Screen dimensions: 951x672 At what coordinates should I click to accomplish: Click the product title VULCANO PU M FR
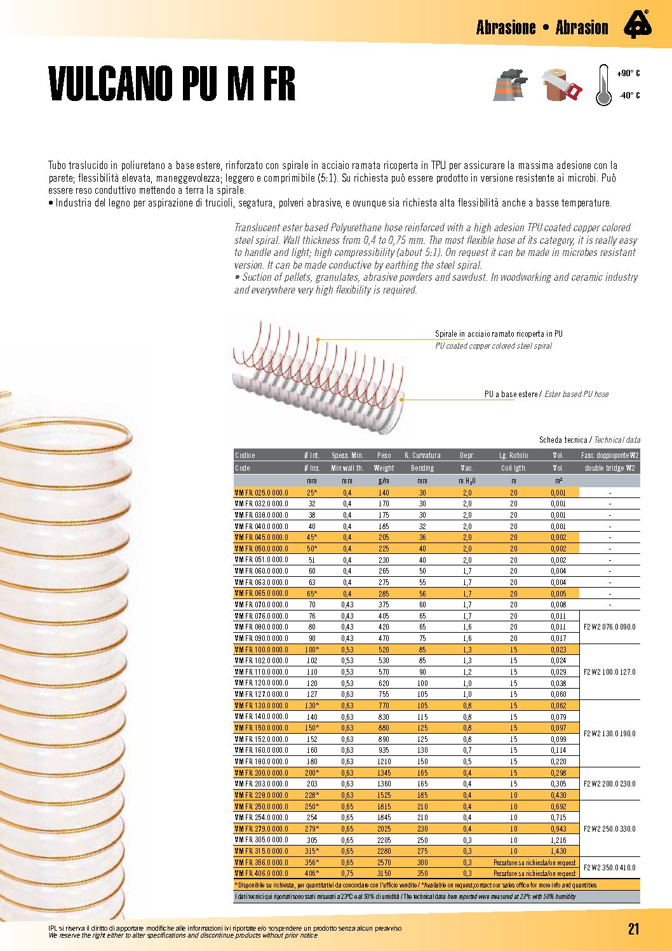[172, 83]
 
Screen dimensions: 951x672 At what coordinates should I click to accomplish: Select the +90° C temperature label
[628, 74]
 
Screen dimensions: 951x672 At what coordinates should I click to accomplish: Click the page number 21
[633, 929]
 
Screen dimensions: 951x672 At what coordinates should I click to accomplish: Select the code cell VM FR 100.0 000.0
[261, 649]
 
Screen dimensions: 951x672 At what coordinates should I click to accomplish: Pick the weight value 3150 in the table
[384, 873]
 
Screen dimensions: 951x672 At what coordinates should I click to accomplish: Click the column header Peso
[384, 455]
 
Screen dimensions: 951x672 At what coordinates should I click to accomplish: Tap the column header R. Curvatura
[422, 455]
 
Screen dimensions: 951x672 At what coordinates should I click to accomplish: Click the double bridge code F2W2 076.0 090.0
[609, 627]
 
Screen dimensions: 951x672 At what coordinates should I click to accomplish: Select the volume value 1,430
[558, 851]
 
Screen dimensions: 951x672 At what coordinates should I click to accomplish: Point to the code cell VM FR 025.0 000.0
[261, 492]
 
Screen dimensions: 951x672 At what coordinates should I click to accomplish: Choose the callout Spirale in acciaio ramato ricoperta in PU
[499, 334]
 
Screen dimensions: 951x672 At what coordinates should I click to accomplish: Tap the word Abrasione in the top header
[506, 28]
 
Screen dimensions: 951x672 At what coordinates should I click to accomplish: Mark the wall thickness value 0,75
[347, 873]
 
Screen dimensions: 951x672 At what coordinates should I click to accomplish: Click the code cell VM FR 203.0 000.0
[261, 784]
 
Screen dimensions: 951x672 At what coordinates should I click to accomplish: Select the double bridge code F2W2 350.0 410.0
[609, 868]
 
